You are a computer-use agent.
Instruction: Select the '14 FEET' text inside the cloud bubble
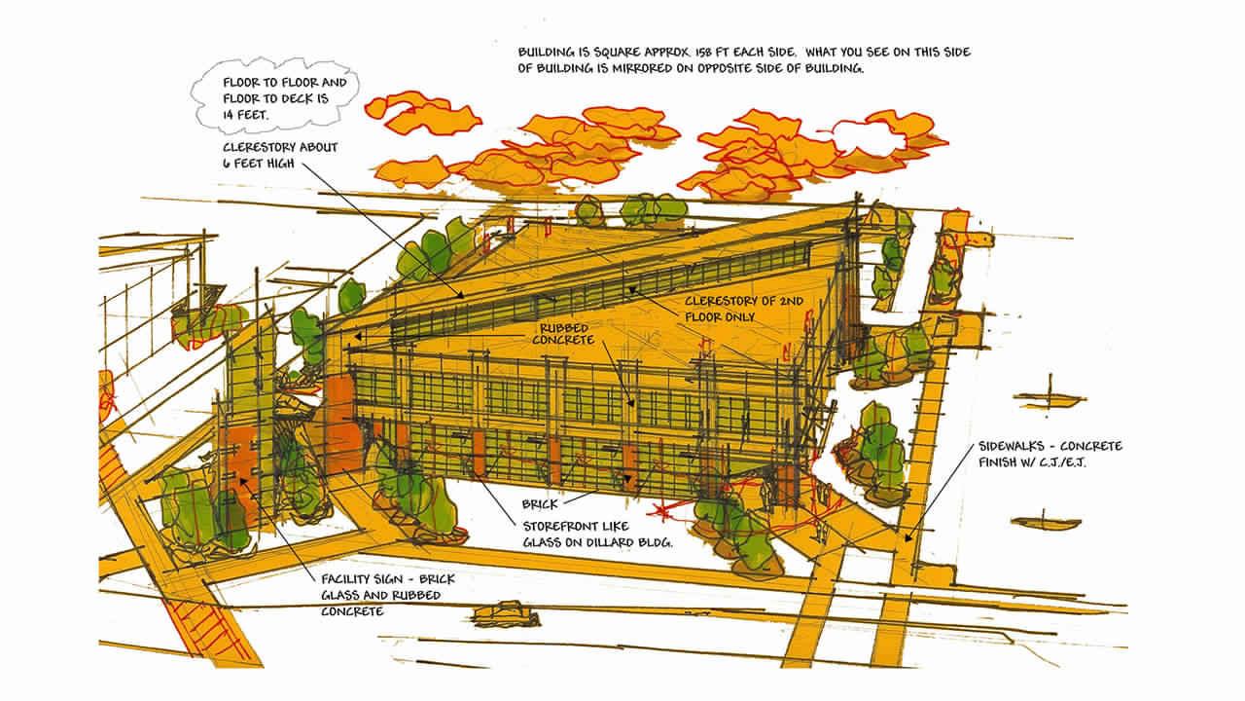[246, 115]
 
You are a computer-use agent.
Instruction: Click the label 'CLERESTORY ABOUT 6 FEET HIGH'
[281, 155]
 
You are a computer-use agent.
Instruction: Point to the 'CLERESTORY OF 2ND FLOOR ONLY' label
[744, 309]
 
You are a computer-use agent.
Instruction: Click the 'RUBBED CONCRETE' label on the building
[563, 334]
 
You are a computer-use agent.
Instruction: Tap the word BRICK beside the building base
[540, 504]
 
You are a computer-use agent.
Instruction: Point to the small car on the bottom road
[506, 614]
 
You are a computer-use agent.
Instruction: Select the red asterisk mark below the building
[660, 510]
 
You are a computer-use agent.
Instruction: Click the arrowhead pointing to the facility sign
[243, 481]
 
